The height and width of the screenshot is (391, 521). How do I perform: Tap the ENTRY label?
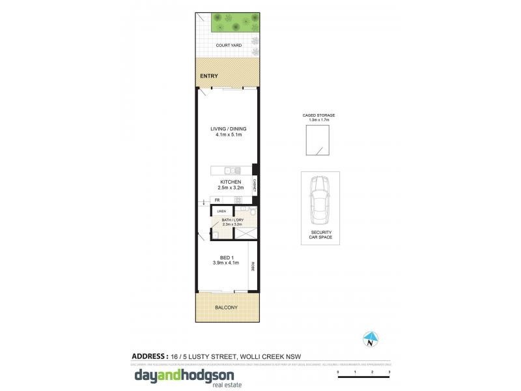click(210, 76)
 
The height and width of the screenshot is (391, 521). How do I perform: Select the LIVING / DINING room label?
click(228, 129)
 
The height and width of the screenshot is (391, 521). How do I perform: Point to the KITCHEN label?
click(231, 182)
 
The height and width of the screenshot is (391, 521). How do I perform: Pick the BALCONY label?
click(226, 307)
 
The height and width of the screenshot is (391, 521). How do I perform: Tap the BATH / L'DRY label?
click(232, 220)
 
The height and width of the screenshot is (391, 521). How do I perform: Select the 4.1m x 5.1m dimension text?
click(228, 135)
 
